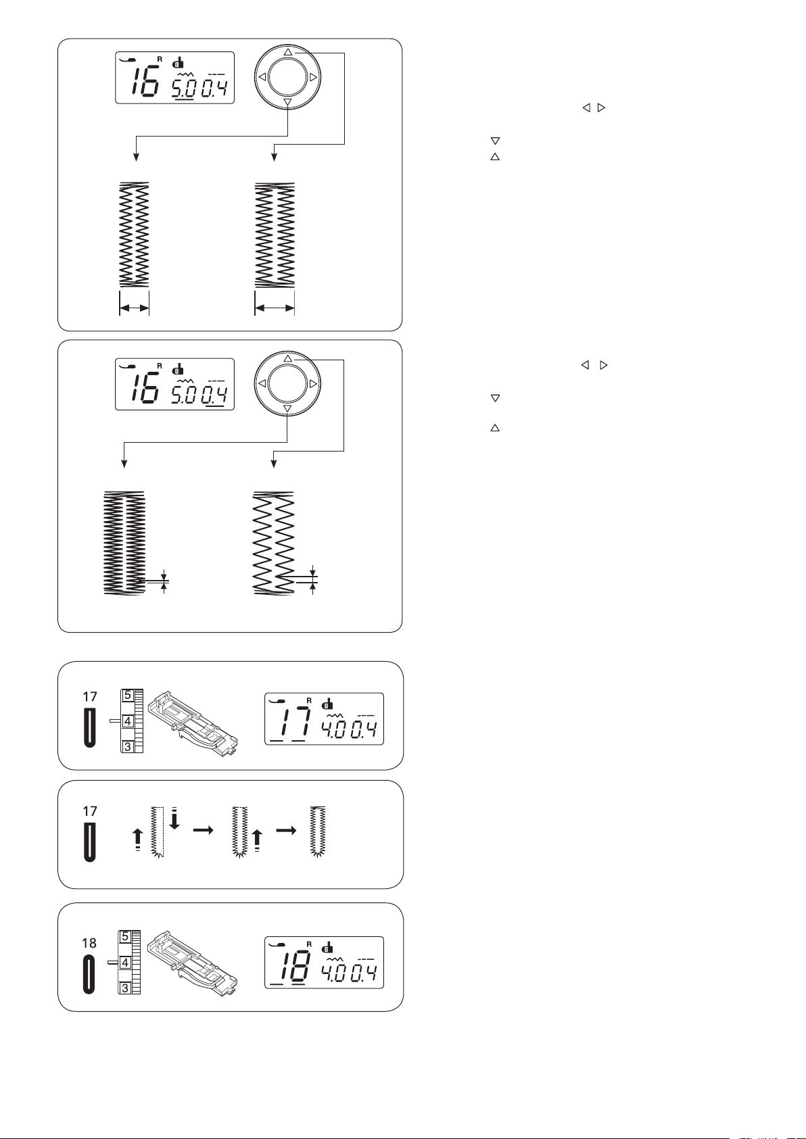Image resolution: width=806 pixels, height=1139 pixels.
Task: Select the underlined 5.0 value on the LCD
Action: [x=183, y=90]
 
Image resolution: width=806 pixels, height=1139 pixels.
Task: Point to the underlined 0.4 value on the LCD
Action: [x=214, y=396]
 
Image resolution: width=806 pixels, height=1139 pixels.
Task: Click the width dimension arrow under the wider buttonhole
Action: [x=275, y=308]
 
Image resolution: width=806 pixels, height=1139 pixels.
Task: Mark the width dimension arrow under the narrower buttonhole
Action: [x=135, y=308]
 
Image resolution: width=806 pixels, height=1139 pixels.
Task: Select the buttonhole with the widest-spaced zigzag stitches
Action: [x=274, y=543]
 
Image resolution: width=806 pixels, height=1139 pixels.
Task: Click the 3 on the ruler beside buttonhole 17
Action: [x=128, y=746]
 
